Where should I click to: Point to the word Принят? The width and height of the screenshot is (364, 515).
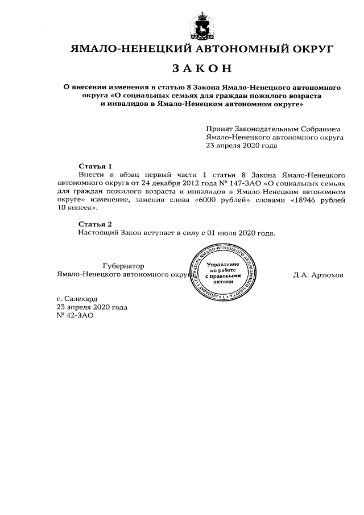(219, 129)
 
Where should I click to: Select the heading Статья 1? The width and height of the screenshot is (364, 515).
(97, 166)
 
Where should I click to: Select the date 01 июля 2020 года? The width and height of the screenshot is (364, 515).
(244, 233)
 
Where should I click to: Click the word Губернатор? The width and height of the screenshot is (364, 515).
(123, 266)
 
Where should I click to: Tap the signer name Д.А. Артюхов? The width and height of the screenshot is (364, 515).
(318, 274)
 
